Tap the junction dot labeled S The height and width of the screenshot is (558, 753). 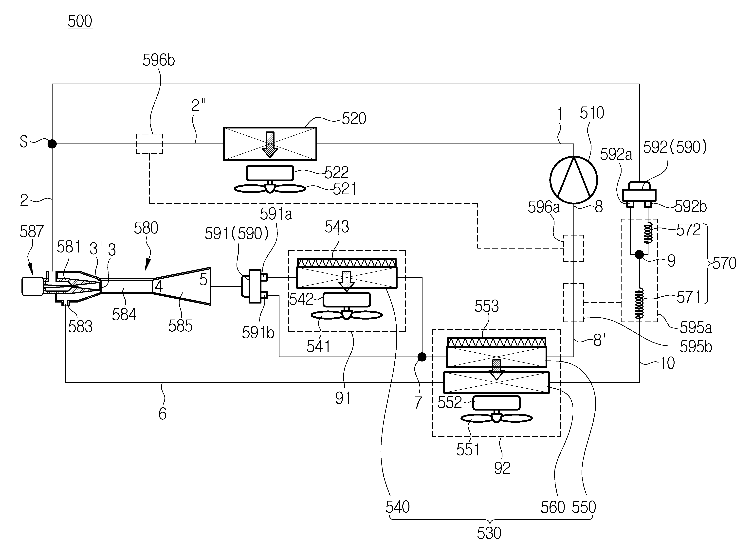point(52,144)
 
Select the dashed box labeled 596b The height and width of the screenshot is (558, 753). point(149,144)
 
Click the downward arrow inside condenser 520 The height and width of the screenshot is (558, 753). point(270,144)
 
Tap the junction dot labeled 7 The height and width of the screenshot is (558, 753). point(422,357)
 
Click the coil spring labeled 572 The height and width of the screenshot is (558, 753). point(648,234)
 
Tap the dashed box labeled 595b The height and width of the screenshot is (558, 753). point(574,303)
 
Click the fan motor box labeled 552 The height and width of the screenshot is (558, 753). point(497,403)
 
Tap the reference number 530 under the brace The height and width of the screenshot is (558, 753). point(489,533)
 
